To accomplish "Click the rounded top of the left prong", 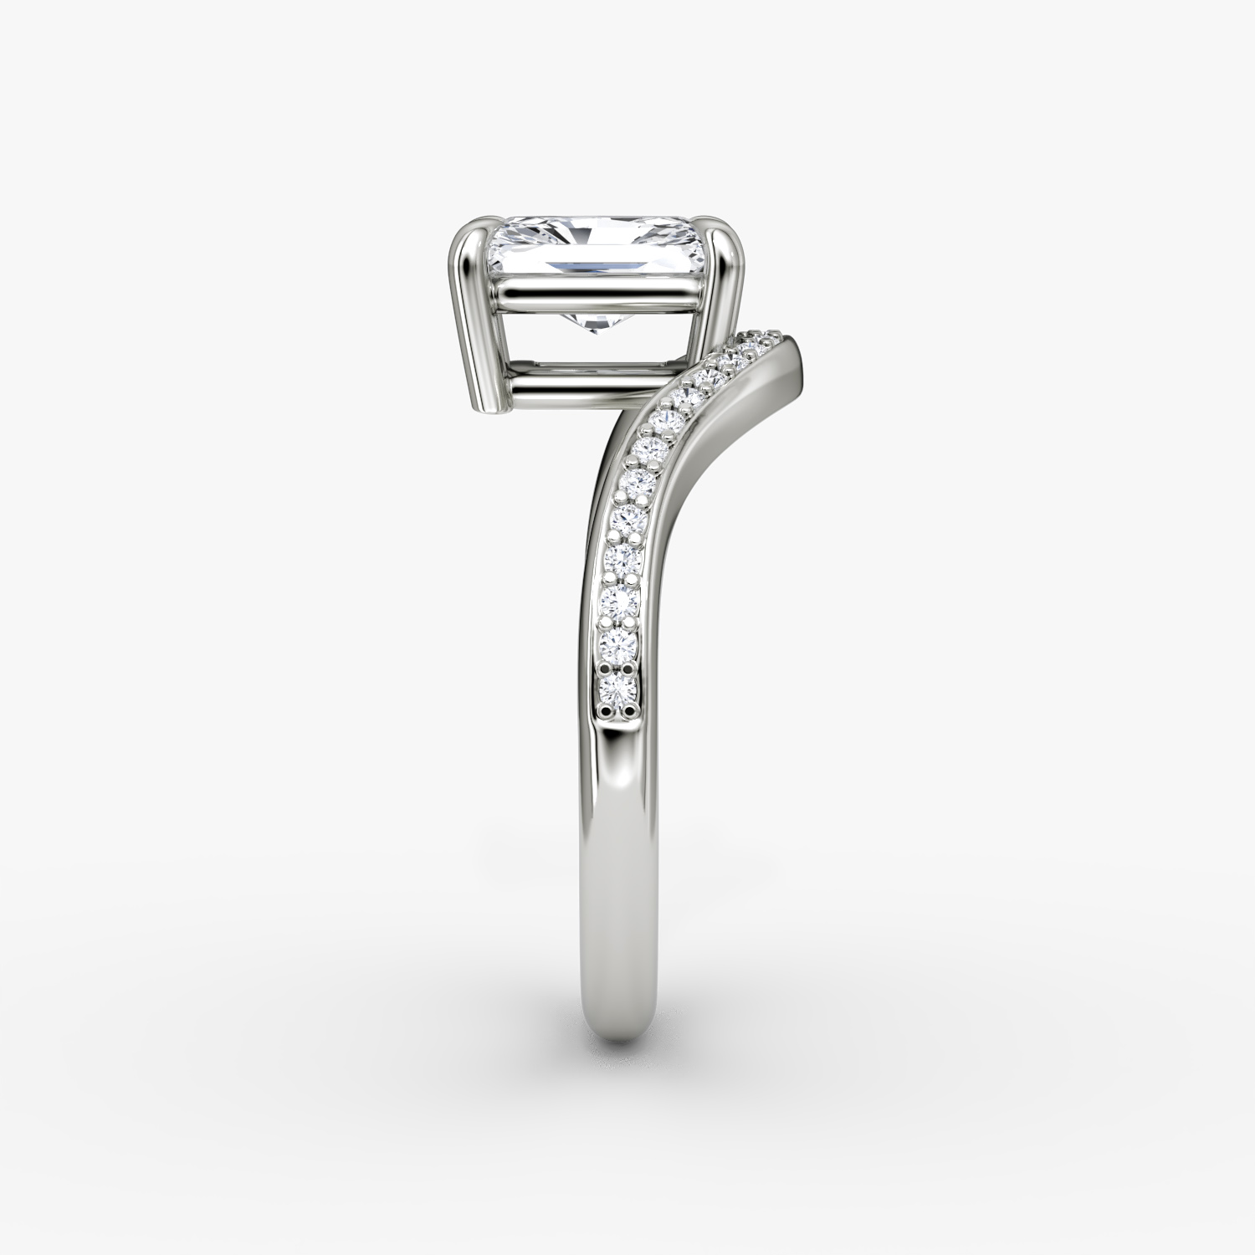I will point(469,229).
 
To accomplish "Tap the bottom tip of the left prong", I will point(493,411).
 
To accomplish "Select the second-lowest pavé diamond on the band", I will point(620,644).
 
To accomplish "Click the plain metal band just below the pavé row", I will point(619,770).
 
